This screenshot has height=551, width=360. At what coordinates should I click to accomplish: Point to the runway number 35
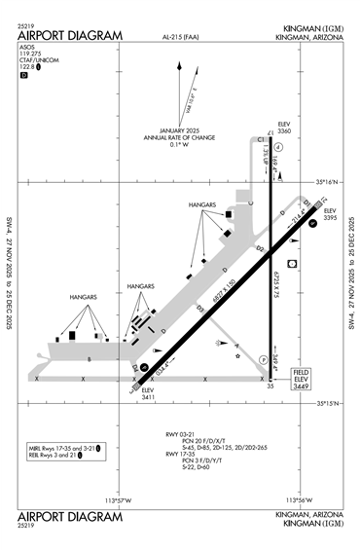pyautogui.click(x=271, y=386)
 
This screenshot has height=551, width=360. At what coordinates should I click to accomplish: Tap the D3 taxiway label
pyautogui.click(x=199, y=309)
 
